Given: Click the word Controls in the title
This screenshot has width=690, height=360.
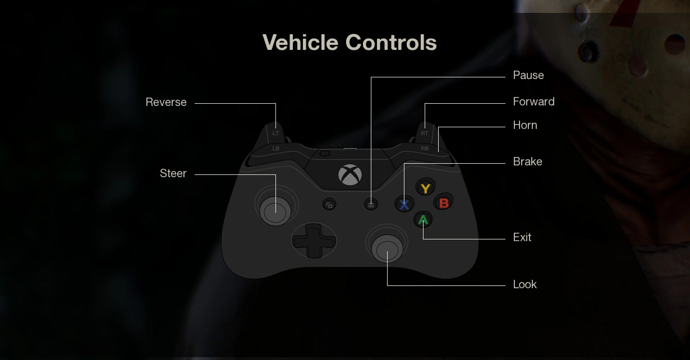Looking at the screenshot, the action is click(391, 43).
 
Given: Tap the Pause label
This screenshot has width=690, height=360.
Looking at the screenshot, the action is click(528, 75).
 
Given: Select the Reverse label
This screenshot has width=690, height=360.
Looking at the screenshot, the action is click(166, 102).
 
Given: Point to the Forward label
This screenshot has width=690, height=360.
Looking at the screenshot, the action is click(533, 101).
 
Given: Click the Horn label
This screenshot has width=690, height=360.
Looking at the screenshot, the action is click(525, 125).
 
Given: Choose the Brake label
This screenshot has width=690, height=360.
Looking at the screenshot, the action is click(527, 161).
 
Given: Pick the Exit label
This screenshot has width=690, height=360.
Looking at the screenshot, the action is click(522, 237).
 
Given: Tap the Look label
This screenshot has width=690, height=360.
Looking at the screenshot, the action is click(525, 284).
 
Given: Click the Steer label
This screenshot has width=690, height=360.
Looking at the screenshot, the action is click(173, 173).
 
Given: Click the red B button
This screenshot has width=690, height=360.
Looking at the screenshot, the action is click(444, 203).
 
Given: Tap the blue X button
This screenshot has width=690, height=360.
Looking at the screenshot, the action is click(404, 204).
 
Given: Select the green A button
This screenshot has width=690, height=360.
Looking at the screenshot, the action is click(424, 220).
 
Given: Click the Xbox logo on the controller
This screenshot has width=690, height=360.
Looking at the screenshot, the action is click(350, 174).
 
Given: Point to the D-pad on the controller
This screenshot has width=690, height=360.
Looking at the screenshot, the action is click(314, 241).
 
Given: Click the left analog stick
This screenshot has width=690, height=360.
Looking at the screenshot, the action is click(273, 210).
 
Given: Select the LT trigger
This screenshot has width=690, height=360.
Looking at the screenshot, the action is click(275, 132).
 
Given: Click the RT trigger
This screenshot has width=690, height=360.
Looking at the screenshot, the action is click(425, 132).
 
